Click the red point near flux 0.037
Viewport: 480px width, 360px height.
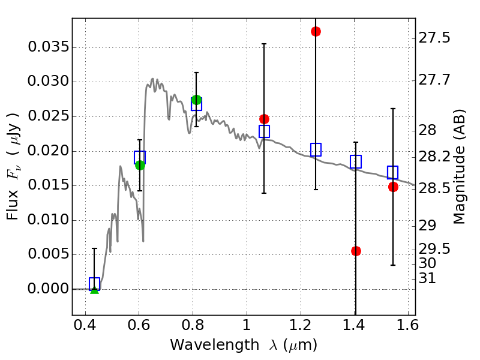point(316,31)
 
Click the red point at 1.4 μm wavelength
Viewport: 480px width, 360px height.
point(356,251)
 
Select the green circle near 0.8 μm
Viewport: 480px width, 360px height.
point(196,100)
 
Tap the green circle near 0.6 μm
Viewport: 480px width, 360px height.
point(140,165)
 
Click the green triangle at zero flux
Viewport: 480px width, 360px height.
point(94,290)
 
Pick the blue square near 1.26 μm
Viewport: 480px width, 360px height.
point(316,150)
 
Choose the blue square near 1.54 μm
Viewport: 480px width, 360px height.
point(393,173)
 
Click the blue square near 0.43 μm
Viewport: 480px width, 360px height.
point(94,284)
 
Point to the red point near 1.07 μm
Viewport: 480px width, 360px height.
point(264,119)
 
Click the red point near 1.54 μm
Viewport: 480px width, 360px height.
point(393,187)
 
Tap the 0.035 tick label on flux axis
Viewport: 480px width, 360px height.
point(49,47)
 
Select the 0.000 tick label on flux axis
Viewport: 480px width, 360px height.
point(49,289)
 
